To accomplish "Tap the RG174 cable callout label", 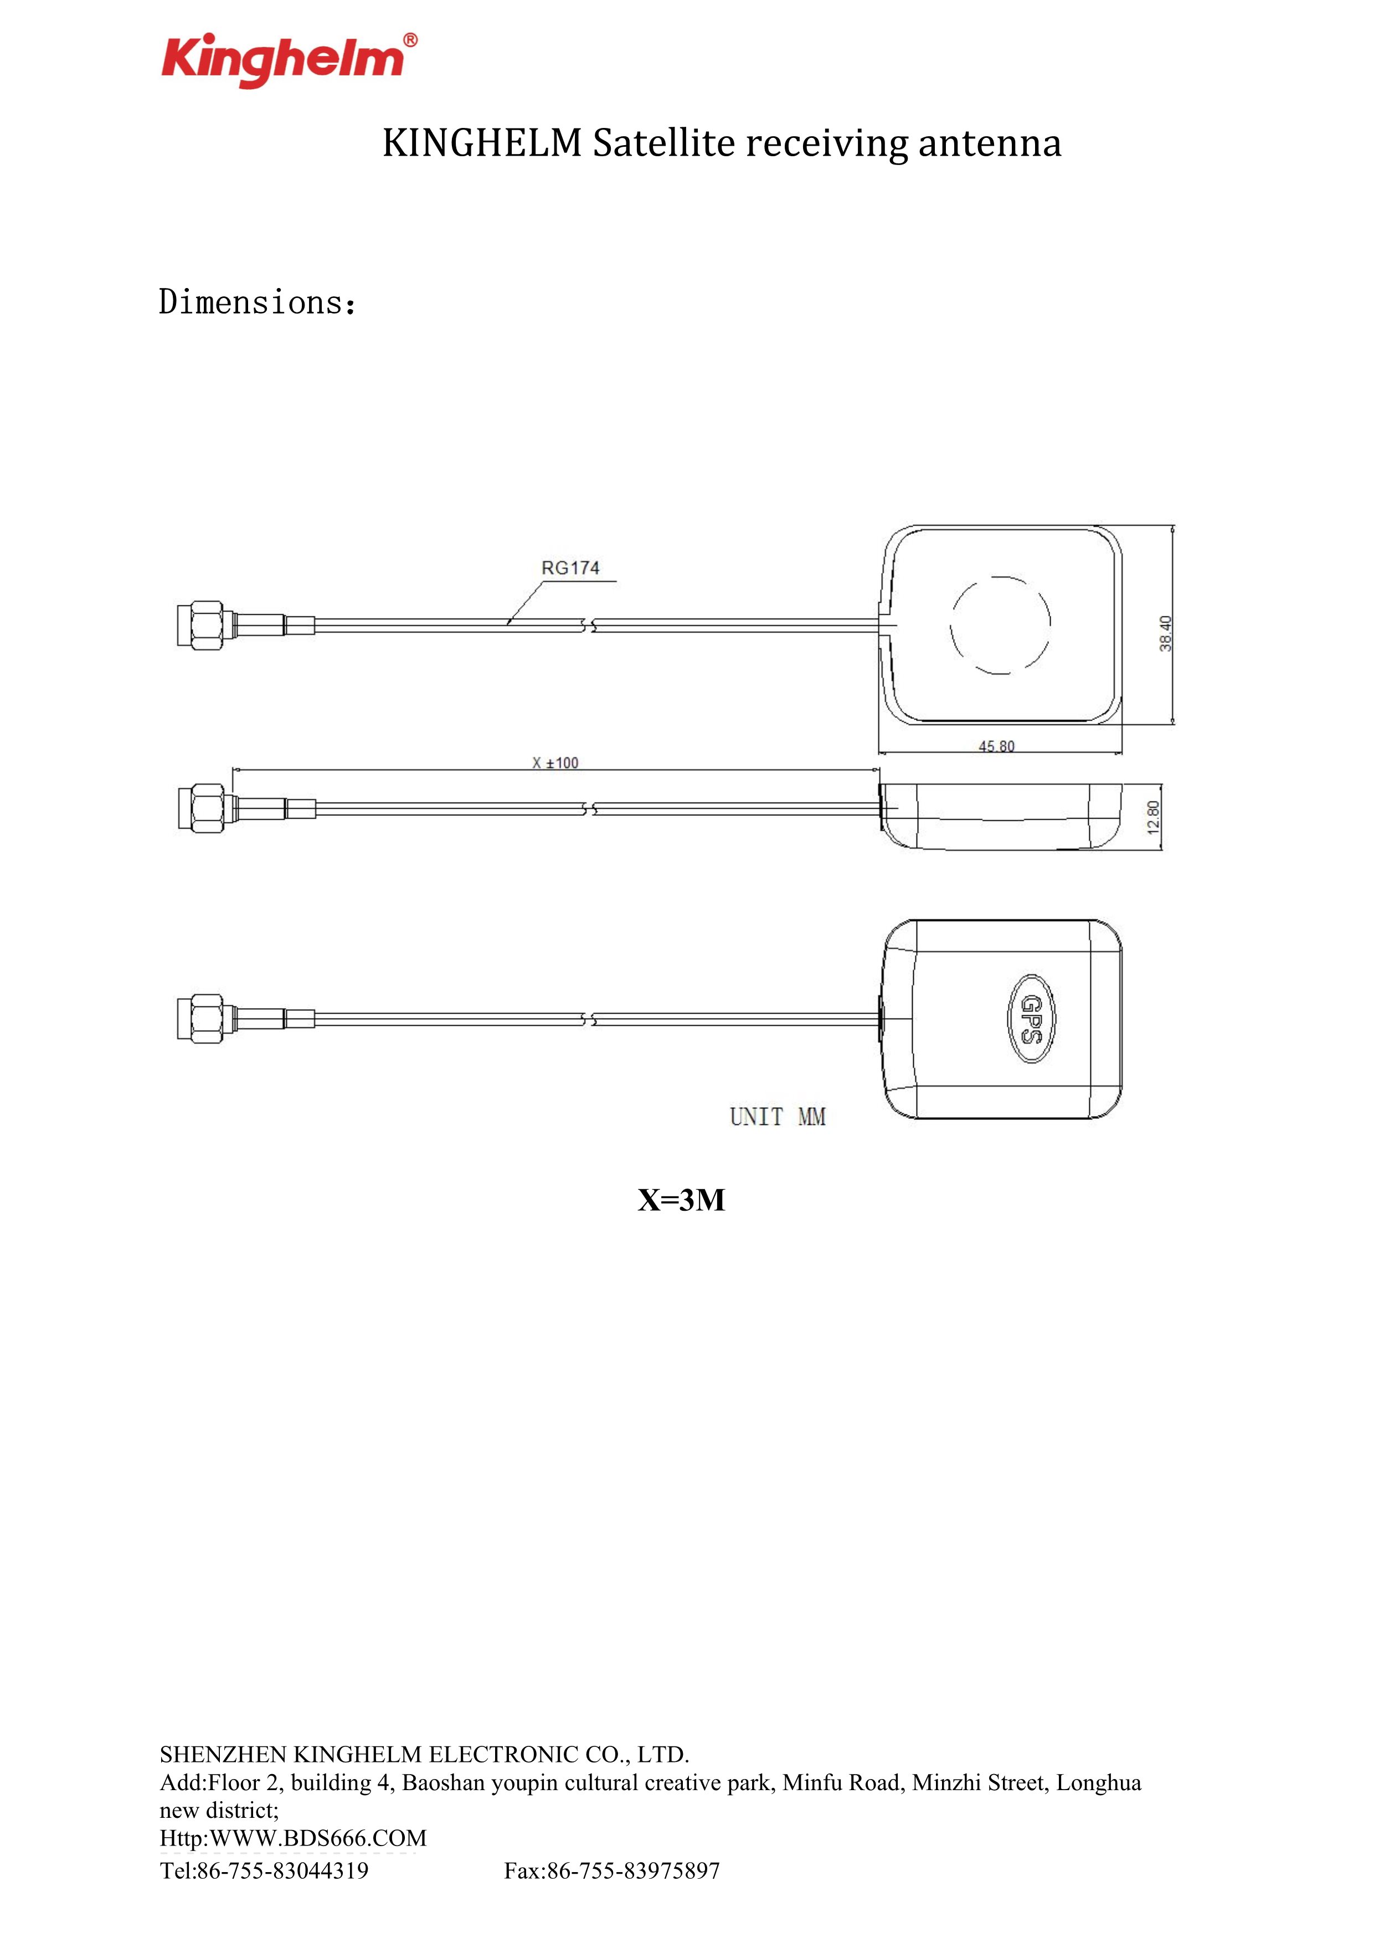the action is point(570,568).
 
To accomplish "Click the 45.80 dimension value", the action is point(997,747).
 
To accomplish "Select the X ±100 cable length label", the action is point(555,763).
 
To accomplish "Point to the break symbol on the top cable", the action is point(588,626).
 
